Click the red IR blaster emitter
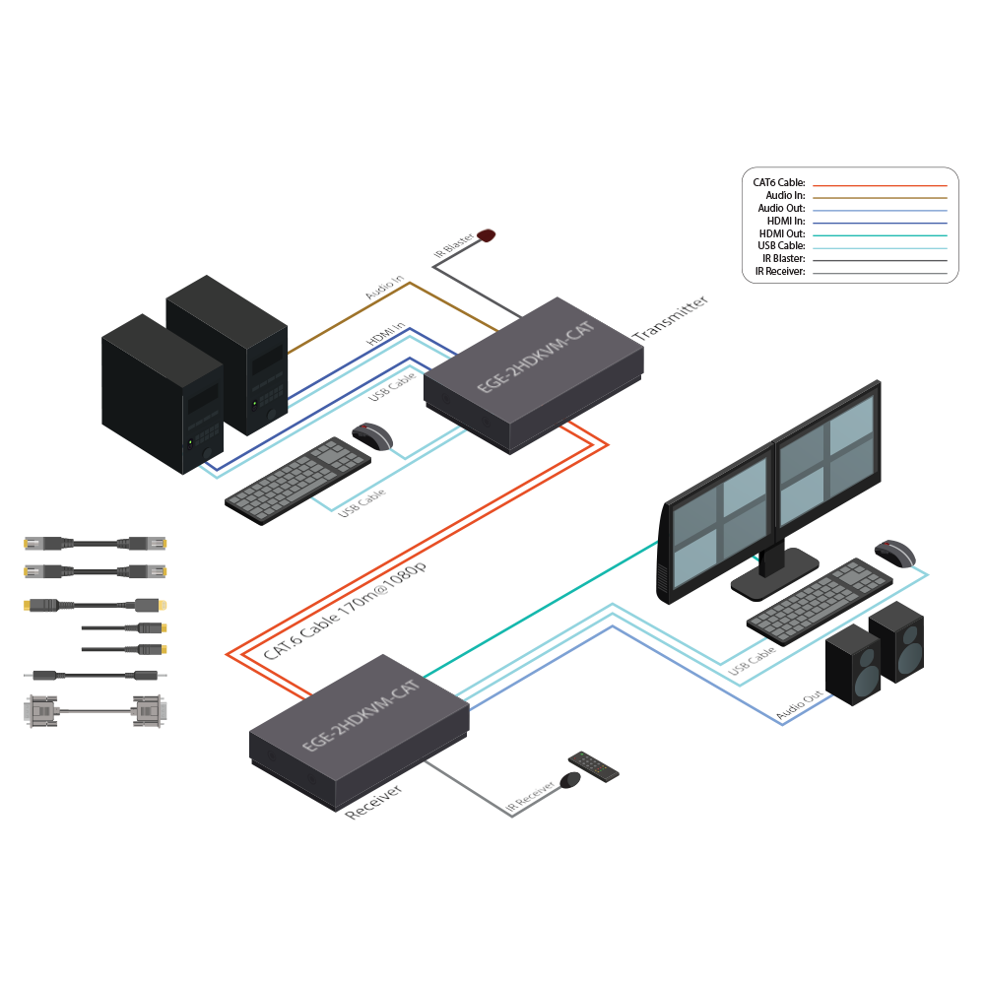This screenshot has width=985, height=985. coord(487,235)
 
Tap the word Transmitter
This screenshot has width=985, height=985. coord(671,317)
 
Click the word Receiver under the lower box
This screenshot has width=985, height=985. coord(373,802)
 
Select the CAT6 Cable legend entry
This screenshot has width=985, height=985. coord(779,183)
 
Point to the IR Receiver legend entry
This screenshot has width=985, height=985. coord(780,271)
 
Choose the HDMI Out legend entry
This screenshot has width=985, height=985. coord(780,233)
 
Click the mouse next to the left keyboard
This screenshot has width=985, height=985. coord(372,436)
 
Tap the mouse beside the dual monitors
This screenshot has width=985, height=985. coord(894,554)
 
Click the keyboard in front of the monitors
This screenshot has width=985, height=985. coord(820,601)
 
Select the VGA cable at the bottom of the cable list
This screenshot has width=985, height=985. coord(93,711)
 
